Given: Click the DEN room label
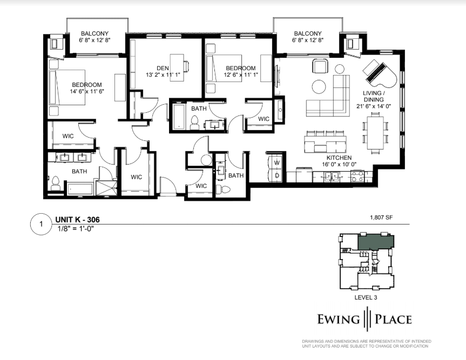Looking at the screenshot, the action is (x=163, y=69).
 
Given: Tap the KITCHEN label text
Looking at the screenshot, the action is (x=339, y=158).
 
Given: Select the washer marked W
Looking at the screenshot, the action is (x=276, y=163).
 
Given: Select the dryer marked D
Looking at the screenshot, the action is (x=276, y=175).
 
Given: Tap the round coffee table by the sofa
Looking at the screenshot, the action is (x=319, y=87).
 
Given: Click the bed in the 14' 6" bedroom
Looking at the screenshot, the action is (x=67, y=87).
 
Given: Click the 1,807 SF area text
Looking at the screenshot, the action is (x=381, y=218).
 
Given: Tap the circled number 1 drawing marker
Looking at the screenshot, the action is (x=42, y=224).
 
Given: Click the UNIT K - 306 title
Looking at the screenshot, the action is (x=78, y=220).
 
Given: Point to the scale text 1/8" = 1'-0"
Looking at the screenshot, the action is (x=76, y=229).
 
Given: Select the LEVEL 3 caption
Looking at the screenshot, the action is (x=366, y=297).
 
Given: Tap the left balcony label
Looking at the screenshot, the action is (x=95, y=37).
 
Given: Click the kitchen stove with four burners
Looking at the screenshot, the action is (x=357, y=176).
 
